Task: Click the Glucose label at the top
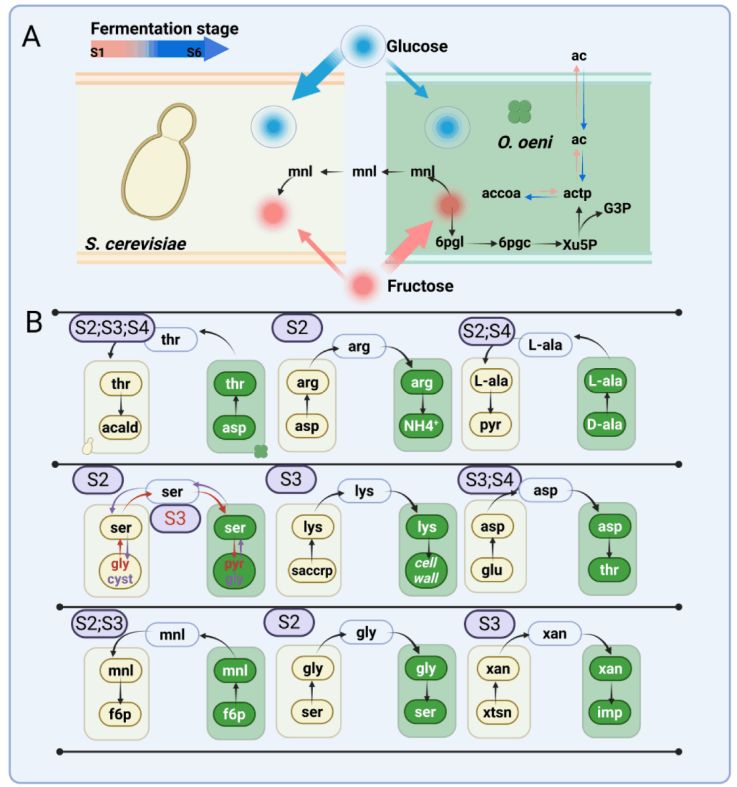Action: (x=417, y=47)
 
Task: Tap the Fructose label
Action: (x=420, y=286)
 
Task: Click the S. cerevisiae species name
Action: (x=135, y=244)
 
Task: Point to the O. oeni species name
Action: (x=525, y=142)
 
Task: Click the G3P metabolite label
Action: (x=617, y=208)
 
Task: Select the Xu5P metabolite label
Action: (x=579, y=244)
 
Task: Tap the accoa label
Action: (x=501, y=194)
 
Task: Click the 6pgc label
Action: (x=515, y=243)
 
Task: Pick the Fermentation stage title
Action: (x=164, y=29)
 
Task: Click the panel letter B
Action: (x=33, y=322)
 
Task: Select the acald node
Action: (x=120, y=427)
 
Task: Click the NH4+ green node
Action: (x=421, y=426)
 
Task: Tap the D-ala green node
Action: (x=605, y=425)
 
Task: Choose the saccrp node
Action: (x=312, y=570)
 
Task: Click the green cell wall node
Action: (x=426, y=570)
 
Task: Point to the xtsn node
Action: (x=497, y=712)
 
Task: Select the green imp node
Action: (x=610, y=712)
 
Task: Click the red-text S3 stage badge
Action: (x=175, y=519)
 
